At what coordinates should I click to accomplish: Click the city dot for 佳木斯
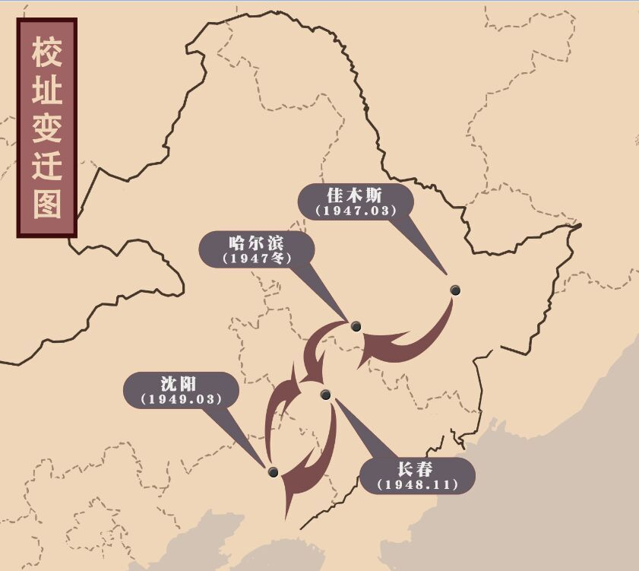click(x=455, y=290)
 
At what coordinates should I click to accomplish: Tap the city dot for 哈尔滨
click(x=356, y=327)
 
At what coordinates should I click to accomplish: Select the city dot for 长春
click(x=326, y=394)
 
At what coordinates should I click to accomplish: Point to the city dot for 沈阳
click(x=274, y=472)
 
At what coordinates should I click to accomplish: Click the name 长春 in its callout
click(x=416, y=468)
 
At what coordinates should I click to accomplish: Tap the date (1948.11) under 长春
click(x=416, y=484)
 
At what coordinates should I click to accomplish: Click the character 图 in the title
click(x=46, y=202)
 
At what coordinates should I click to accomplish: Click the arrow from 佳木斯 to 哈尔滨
click(x=418, y=341)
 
